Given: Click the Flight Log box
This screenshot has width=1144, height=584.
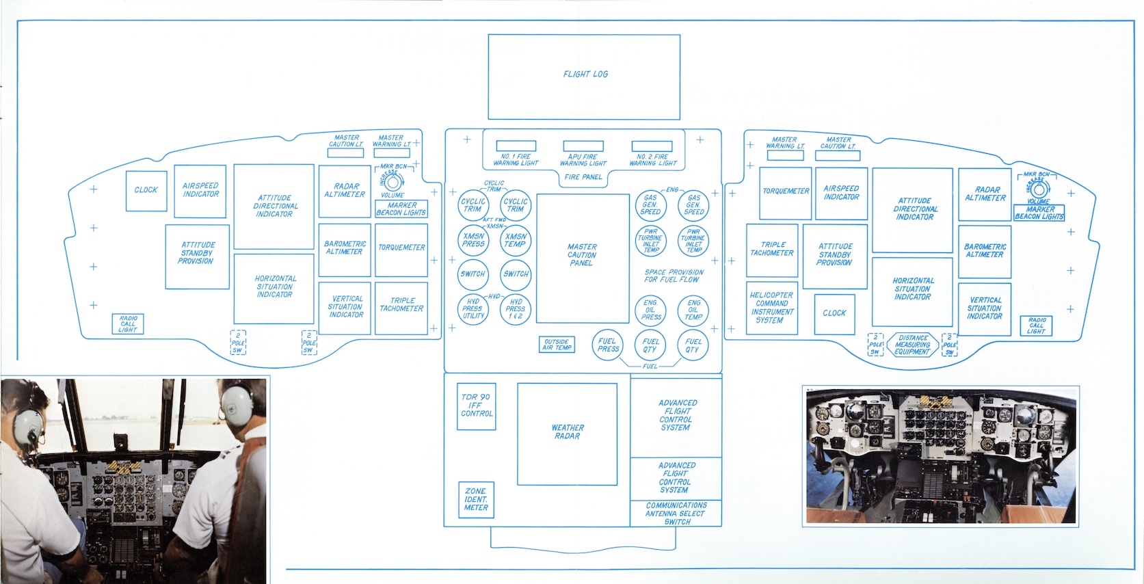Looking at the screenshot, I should (584, 77).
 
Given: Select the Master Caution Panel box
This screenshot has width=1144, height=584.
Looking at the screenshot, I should (583, 258).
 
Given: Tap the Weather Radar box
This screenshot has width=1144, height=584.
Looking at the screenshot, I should (567, 434).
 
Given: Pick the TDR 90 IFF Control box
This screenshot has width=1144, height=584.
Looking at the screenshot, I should (476, 406).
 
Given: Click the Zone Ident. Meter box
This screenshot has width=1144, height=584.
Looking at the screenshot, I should (476, 500).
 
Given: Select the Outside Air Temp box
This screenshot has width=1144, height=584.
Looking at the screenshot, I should (557, 345).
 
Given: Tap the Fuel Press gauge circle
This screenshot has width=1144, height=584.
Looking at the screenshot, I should (607, 345).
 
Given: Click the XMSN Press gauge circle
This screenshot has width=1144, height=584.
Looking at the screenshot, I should (473, 241).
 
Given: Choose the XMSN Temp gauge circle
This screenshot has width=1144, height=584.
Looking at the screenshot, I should (516, 241).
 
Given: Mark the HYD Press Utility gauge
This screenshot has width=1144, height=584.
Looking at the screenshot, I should (473, 309).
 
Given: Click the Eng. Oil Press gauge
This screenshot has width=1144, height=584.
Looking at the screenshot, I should (650, 310).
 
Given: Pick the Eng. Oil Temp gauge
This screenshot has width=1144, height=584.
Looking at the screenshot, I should (693, 310).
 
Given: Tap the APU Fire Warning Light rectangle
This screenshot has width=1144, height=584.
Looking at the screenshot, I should (583, 146).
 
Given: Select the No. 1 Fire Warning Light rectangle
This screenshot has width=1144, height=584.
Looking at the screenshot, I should (516, 146).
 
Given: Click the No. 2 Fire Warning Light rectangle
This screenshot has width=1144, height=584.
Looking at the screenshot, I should (652, 146).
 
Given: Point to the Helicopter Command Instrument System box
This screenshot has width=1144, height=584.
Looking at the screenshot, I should (772, 308).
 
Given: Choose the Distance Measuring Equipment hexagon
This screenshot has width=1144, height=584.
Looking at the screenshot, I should (913, 345).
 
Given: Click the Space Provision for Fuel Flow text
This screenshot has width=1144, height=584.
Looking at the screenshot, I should (673, 276).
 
